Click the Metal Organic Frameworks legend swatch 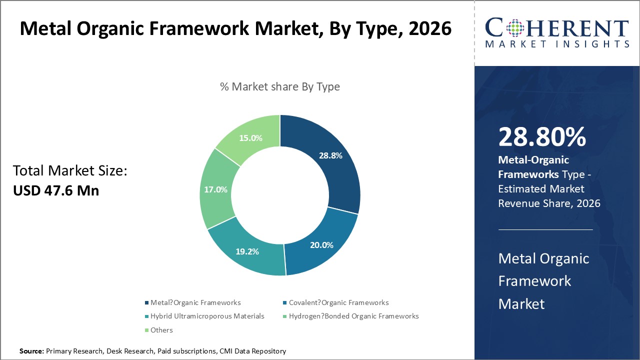tap(146, 302)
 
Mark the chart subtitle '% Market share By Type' tap(280, 86)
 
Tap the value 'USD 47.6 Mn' tap(56, 190)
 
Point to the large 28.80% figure tap(542, 136)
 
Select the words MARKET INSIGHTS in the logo tap(557, 44)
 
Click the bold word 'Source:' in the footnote tap(31, 351)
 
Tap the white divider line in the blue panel tap(545, 229)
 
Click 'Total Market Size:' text tap(70, 171)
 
